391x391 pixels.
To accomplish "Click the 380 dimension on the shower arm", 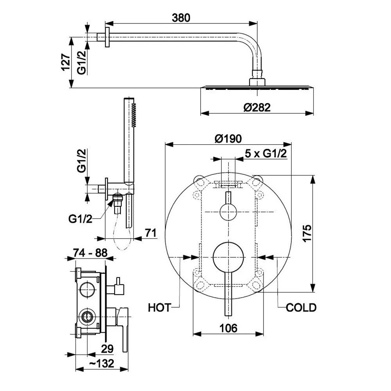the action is (181, 18).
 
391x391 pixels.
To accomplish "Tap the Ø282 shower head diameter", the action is (257, 108).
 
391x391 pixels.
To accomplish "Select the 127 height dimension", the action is (66, 62).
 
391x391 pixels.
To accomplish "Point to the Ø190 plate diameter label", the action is (228, 139).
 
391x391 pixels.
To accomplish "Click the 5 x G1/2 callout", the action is (266, 154).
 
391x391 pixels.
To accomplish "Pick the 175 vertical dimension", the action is (307, 233).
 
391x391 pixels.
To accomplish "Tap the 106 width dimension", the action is (228, 328).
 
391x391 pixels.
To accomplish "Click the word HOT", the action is (160, 308).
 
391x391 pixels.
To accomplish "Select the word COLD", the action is (301, 308).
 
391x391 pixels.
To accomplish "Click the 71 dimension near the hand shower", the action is (151, 233).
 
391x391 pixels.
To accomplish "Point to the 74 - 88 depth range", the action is (90, 253).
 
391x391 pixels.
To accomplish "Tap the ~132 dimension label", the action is (102, 363).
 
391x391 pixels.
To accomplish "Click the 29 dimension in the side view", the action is (107, 349).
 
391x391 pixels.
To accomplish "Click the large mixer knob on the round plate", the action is (228, 257).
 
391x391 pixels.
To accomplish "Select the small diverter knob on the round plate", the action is (228, 212).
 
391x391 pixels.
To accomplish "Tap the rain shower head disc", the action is (257, 88).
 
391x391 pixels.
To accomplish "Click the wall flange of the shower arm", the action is (107, 37).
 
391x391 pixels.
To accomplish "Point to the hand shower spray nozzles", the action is (134, 115).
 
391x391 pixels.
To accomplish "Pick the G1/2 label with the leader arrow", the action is (80, 219).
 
